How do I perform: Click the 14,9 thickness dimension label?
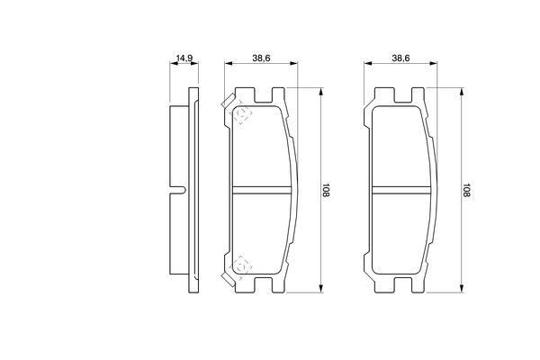coord(184,58)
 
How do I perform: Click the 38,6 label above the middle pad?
coord(261,58)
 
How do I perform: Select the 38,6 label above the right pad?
coord(400,58)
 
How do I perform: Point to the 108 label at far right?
coord(466,190)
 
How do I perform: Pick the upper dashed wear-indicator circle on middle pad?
coord(241,113)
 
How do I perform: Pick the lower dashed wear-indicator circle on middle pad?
coord(241,266)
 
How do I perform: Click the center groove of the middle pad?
coord(262,190)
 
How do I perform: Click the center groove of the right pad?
coord(401,190)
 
